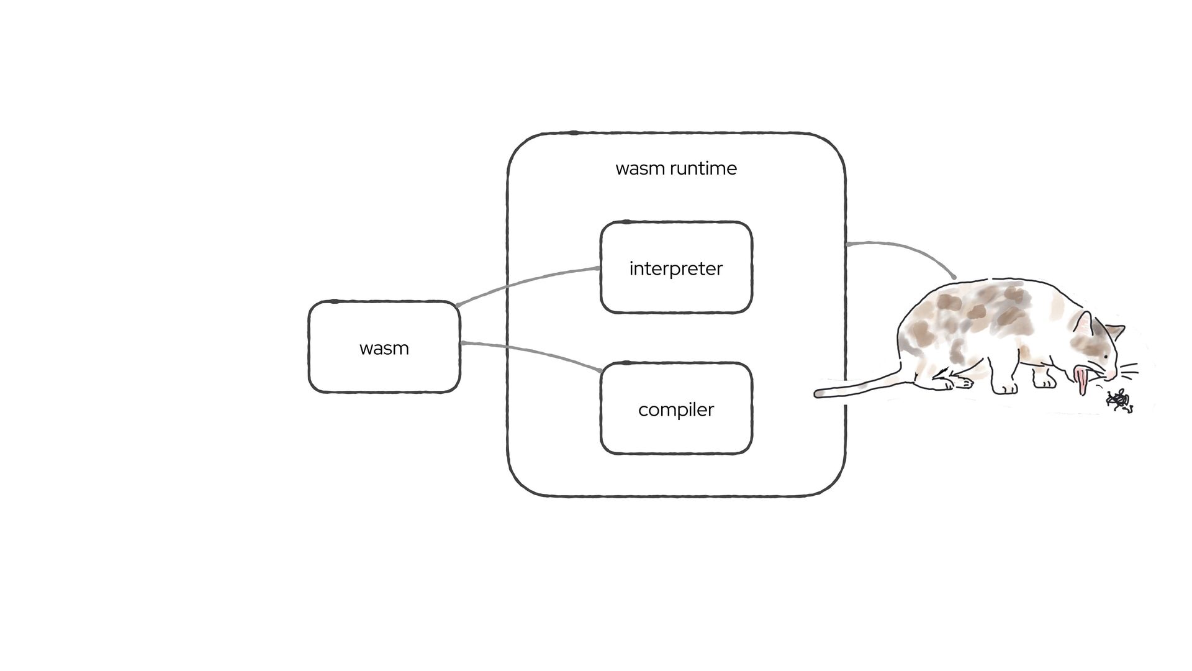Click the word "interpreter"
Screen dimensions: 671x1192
[x=675, y=268]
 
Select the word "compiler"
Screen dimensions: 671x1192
[x=675, y=409]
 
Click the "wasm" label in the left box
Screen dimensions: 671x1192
[x=384, y=348]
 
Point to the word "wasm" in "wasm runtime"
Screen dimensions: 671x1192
[x=640, y=168]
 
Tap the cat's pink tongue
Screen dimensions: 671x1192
[x=1082, y=381]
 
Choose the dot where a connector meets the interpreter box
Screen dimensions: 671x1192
[x=598, y=268]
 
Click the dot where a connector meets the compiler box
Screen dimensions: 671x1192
[x=600, y=371]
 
